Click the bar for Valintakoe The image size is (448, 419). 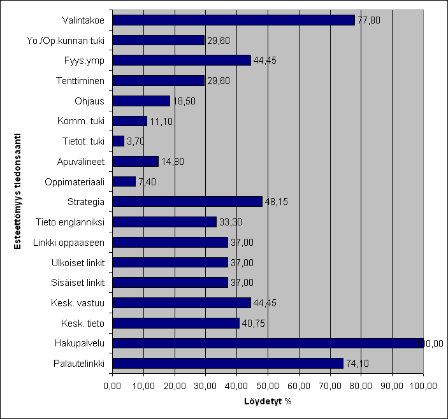pyautogui.click(x=233, y=20)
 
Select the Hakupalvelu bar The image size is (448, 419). pyautogui.click(x=268, y=343)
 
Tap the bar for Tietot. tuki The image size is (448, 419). pyautogui.click(x=118, y=141)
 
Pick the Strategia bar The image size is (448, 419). pyautogui.click(x=187, y=201)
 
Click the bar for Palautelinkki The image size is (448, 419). pyautogui.click(x=228, y=364)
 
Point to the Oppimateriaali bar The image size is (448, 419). pyautogui.click(x=124, y=181)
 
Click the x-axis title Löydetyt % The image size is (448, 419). pyautogui.click(x=268, y=402)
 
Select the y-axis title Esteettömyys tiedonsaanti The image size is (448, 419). pyautogui.click(x=19, y=191)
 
